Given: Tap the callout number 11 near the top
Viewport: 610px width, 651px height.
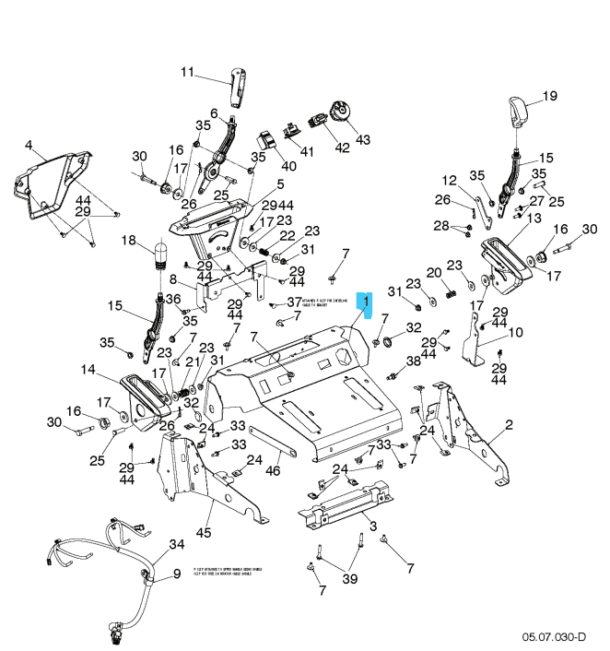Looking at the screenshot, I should (x=188, y=72).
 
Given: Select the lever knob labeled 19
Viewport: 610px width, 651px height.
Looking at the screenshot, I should (x=518, y=112).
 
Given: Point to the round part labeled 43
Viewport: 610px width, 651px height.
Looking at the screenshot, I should (x=340, y=112).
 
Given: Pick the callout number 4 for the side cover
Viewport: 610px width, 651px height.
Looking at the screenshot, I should (x=29, y=145).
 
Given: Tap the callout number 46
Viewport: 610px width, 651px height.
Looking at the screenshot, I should (x=273, y=471).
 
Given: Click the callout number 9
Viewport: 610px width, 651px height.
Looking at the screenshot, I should (x=178, y=574).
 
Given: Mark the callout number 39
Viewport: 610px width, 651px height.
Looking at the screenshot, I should (x=349, y=578).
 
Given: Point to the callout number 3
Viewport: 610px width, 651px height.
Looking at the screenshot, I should (x=373, y=526).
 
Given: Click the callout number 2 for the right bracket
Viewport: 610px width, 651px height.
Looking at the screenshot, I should (x=509, y=425).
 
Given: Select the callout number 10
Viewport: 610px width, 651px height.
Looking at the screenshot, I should (x=515, y=332).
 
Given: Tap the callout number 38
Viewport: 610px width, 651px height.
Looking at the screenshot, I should (x=414, y=361).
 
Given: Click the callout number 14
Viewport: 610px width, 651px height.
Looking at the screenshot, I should (x=88, y=371).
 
